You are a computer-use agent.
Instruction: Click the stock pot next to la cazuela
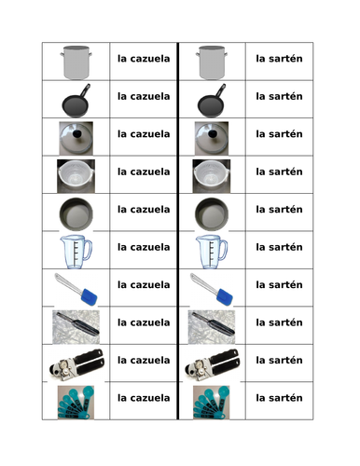(76, 62)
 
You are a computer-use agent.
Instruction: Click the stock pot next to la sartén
(212, 62)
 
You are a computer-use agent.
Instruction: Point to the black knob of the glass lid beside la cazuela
(76, 133)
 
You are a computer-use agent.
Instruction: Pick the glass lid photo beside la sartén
(212, 138)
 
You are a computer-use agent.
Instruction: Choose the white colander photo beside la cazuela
(76, 176)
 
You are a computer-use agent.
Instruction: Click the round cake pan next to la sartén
(212, 214)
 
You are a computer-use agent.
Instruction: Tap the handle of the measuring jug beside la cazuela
(88, 250)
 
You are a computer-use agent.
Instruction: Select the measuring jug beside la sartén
(212, 252)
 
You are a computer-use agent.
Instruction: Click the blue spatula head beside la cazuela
(89, 296)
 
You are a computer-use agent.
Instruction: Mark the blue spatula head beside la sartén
(225, 296)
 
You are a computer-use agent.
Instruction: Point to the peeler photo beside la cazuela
(76, 327)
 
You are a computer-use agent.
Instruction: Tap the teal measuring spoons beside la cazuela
(76, 403)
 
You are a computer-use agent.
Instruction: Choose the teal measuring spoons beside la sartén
(212, 403)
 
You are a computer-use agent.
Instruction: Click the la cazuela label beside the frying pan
(144, 96)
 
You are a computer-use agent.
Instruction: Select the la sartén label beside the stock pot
(279, 59)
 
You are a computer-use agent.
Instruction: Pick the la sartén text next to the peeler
(279, 322)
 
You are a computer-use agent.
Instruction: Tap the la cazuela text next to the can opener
(144, 360)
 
